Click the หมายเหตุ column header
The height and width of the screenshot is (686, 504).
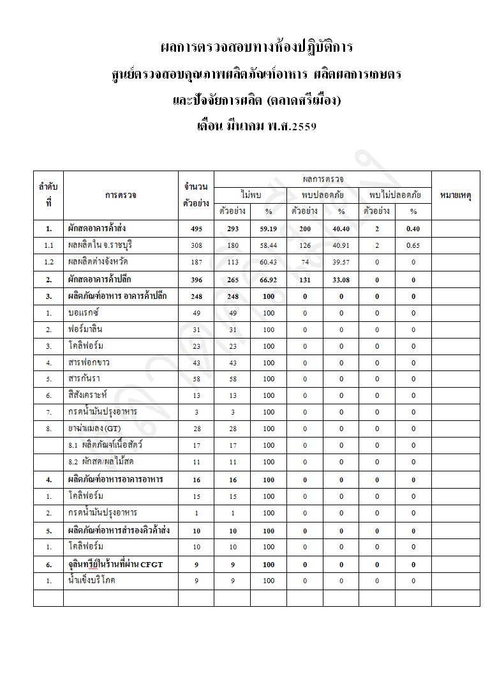[x=456, y=195]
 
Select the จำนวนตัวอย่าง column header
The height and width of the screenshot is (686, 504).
[x=196, y=195]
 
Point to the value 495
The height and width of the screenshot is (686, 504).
[x=196, y=229]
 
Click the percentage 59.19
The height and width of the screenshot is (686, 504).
[x=269, y=229]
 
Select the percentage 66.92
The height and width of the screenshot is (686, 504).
[x=269, y=279]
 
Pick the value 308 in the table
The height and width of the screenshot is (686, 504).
[x=196, y=245]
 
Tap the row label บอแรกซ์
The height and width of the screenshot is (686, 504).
[x=84, y=313]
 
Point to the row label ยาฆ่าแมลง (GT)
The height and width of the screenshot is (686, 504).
[x=94, y=429]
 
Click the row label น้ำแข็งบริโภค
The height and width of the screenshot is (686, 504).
[x=93, y=581]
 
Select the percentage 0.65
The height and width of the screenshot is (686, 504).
[x=413, y=245]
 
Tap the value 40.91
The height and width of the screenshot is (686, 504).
[x=341, y=245]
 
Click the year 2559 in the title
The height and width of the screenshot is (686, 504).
[x=303, y=126]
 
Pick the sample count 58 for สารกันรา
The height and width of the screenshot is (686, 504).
[x=196, y=379]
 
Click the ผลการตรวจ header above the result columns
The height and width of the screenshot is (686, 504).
[x=323, y=179]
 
